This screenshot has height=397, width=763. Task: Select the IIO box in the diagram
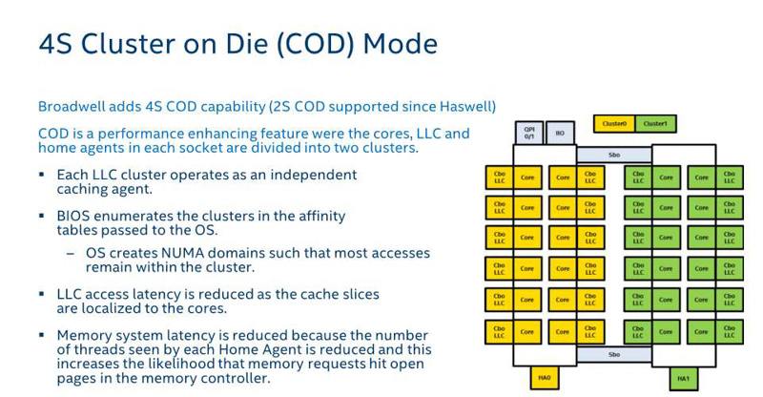(560, 133)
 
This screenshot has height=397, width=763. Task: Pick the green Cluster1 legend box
(654, 123)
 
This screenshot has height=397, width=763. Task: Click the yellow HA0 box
(544, 378)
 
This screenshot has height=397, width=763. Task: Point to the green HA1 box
(684, 378)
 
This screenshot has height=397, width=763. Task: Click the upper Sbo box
(613, 154)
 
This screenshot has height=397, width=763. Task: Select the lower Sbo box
(613, 354)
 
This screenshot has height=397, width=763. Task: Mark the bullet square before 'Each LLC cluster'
(42, 176)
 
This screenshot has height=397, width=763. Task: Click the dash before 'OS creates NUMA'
(71, 254)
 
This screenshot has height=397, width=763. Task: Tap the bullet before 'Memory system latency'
(42, 336)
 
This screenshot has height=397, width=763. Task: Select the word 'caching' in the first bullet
(85, 189)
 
